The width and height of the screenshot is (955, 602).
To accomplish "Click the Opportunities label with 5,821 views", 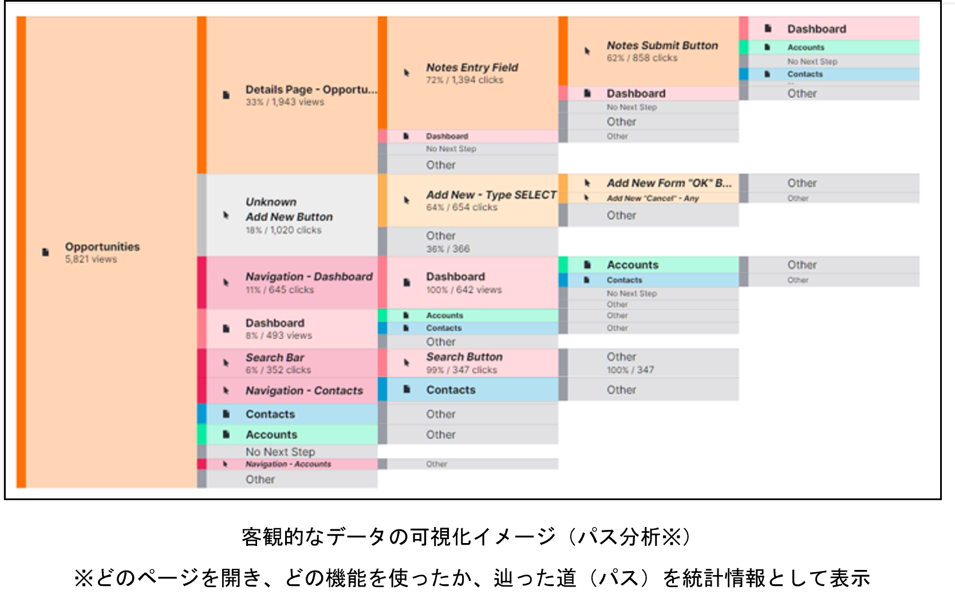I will [x=102, y=247].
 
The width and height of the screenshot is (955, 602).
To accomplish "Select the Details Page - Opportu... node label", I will [x=311, y=90].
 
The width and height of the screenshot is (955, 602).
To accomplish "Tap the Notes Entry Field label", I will [x=472, y=68].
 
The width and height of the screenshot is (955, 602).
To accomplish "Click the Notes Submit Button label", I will [x=662, y=45].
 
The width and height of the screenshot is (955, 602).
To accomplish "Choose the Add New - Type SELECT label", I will [x=491, y=195].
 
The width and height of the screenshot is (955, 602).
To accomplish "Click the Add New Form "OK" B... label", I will [x=669, y=183].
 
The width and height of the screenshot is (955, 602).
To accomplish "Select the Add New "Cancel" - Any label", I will [x=653, y=198].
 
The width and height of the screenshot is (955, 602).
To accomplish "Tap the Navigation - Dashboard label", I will [x=309, y=276].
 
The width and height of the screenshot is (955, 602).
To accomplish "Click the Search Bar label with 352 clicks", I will [x=275, y=358].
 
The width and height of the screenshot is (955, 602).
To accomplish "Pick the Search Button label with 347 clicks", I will [x=464, y=357].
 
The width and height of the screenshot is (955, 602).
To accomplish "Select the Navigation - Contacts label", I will [x=304, y=391].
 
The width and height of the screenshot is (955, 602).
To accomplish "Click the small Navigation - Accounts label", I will [x=288, y=464].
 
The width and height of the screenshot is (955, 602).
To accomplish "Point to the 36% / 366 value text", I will [x=448, y=249].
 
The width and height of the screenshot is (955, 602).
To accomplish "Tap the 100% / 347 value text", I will [x=630, y=370].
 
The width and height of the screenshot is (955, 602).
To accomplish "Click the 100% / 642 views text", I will [x=464, y=290].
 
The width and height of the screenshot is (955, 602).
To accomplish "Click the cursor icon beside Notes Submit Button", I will [x=587, y=51].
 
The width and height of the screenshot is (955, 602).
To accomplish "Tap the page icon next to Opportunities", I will [x=46, y=252].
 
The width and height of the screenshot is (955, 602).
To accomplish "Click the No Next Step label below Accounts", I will [x=280, y=452].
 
